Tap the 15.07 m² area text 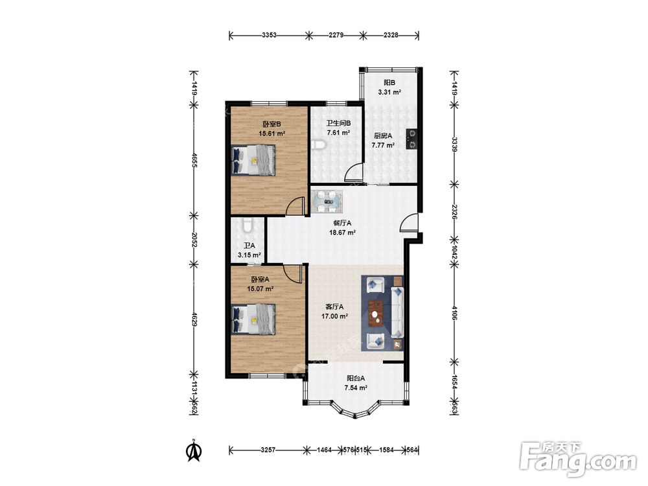[x=260, y=289]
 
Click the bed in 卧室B [x=253, y=161]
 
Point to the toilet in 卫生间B [x=318, y=145]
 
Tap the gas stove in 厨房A [x=412, y=139]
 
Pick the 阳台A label [x=355, y=378]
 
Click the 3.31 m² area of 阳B [x=389, y=92]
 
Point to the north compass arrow [x=194, y=450]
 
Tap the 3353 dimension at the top [x=269, y=35]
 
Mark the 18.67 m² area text [x=343, y=233]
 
